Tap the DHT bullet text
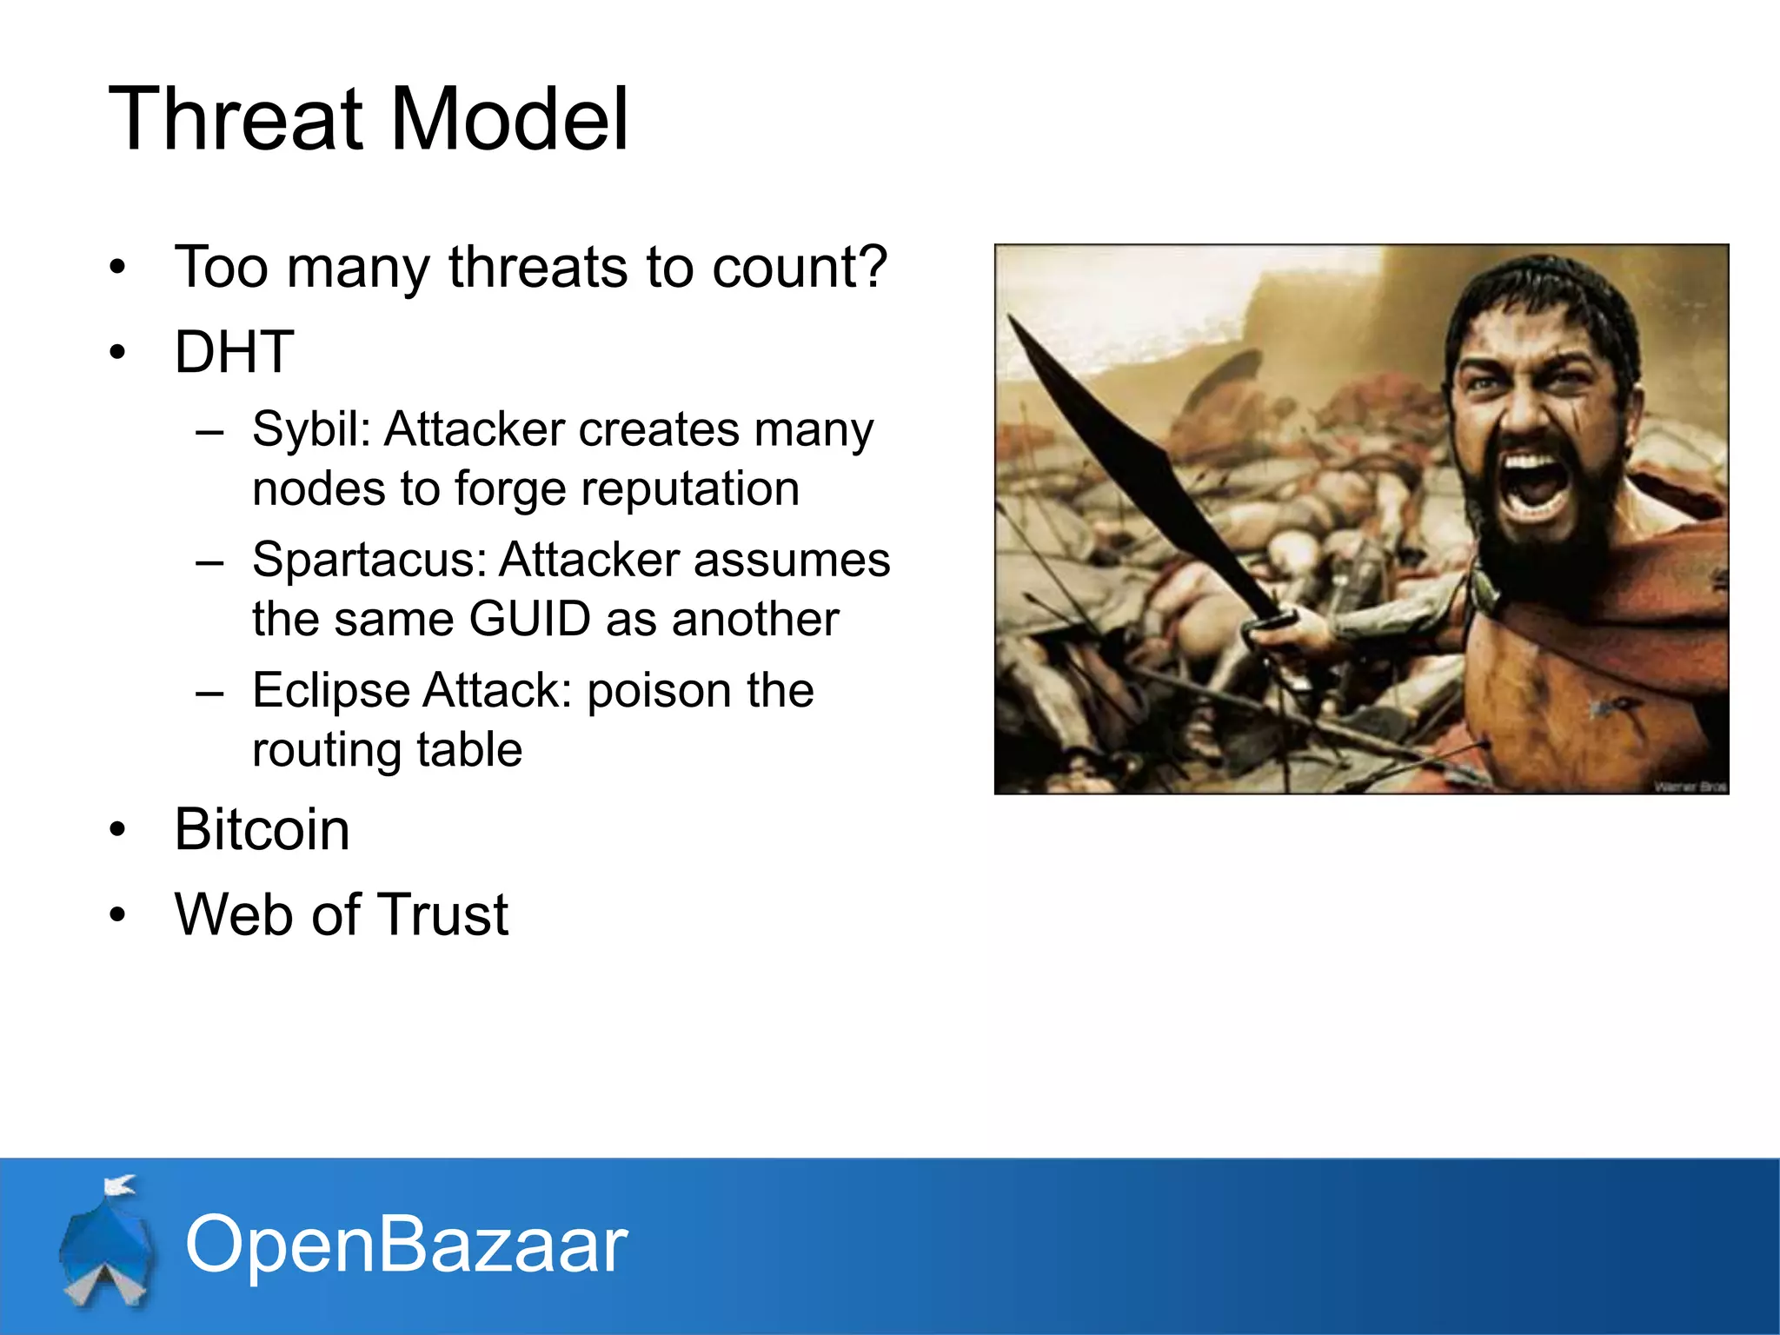click(x=234, y=353)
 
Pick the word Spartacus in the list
click(x=369, y=560)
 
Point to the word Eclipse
click(x=330, y=692)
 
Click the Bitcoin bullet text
click(x=262, y=829)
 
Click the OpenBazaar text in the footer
click(x=406, y=1245)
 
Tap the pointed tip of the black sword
click(x=1011, y=320)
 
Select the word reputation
click(x=690, y=488)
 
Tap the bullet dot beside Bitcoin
click(x=118, y=830)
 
